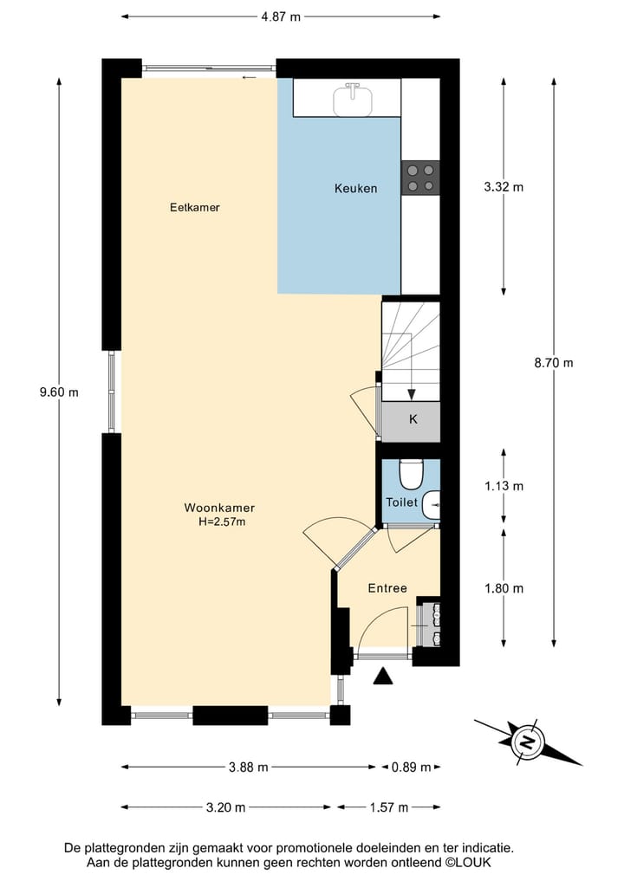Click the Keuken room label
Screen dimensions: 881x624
point(356,188)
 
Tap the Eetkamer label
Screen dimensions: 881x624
point(194,208)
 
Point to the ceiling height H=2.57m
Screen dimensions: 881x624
point(221,521)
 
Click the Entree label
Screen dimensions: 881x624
point(387,588)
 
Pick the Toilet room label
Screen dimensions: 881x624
point(402,502)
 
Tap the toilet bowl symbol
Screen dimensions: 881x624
point(410,474)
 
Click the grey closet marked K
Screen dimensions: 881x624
point(413,420)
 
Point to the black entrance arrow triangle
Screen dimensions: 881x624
point(383,677)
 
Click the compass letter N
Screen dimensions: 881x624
point(525,742)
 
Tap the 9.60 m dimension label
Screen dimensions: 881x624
point(59,392)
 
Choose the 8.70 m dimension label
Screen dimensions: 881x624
point(555,363)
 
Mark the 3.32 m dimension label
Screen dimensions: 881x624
point(504,186)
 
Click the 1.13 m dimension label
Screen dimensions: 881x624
point(504,486)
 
